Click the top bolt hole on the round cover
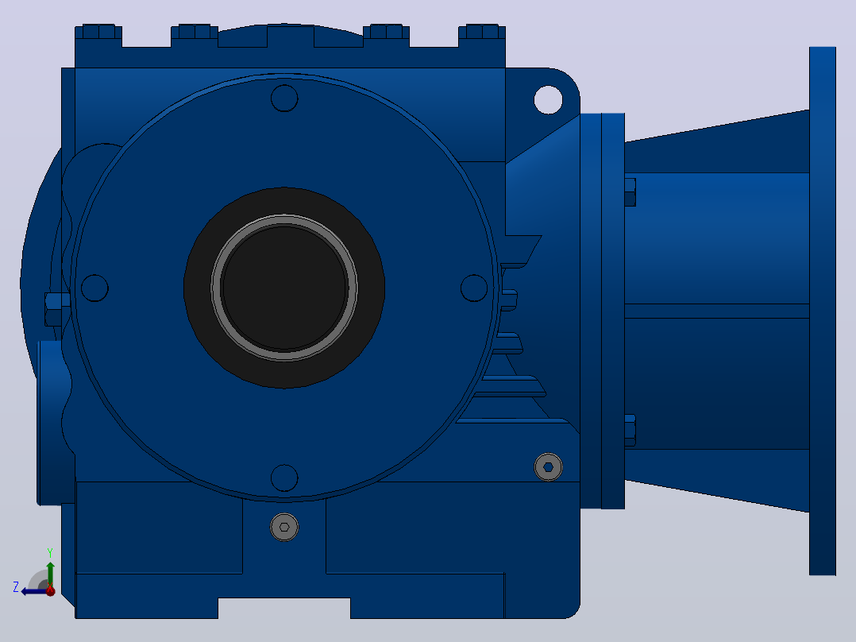(284, 99)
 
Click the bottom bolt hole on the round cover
(284, 478)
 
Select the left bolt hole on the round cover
(94, 288)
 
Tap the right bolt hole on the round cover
(474, 288)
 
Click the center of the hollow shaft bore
(284, 288)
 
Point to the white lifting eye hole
(548, 99)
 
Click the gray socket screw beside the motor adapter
(548, 467)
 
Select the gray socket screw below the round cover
(284, 528)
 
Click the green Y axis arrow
(50, 574)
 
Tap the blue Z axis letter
(16, 587)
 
